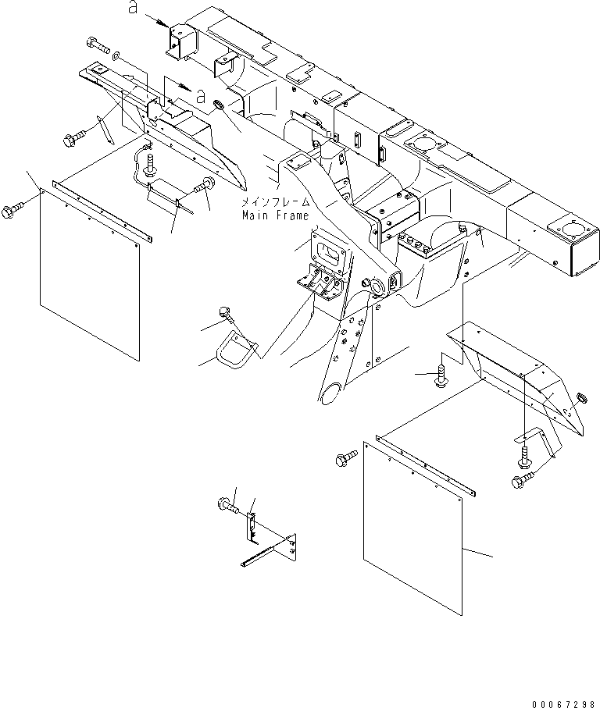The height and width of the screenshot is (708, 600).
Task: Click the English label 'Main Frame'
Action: (x=275, y=215)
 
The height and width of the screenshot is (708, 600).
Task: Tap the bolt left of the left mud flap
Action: (x=14, y=210)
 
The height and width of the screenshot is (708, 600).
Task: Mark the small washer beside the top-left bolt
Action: (x=116, y=56)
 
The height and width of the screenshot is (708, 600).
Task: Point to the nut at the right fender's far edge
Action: (x=580, y=400)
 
